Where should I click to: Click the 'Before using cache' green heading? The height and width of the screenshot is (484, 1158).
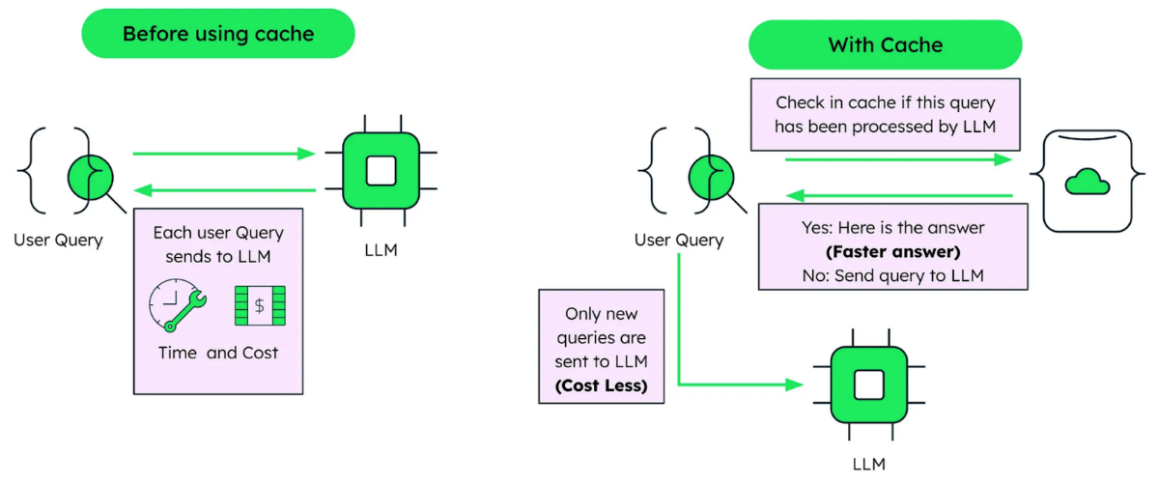218,34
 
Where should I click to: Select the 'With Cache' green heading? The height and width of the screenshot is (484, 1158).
885,45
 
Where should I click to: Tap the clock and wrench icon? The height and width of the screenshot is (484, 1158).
178,305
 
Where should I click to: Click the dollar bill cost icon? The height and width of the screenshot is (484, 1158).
260,305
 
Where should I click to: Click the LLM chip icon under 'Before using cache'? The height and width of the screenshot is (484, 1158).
381,171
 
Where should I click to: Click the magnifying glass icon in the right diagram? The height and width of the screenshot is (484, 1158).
715,179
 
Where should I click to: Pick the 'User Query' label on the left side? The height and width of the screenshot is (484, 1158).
58,240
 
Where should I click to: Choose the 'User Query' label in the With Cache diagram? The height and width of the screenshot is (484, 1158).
679,240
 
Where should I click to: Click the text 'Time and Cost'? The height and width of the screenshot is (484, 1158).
218,353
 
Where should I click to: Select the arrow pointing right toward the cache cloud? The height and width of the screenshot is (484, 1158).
898,159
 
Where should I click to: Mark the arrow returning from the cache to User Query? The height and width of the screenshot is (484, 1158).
898,196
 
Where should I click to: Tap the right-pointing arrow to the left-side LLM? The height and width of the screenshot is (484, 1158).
224,154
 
